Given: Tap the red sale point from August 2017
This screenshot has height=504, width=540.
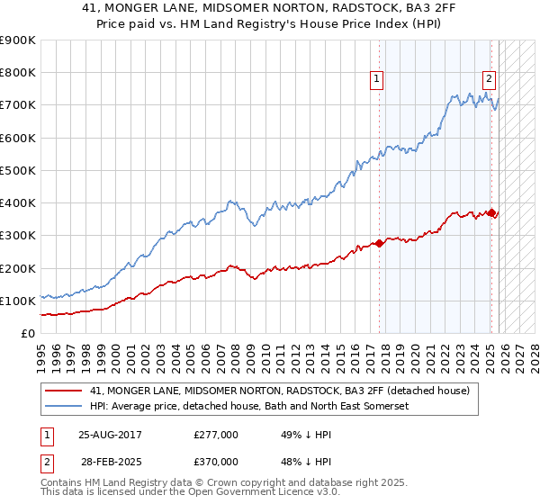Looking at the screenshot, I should pos(379,242).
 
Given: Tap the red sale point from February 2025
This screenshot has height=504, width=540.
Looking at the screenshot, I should pos(491,212).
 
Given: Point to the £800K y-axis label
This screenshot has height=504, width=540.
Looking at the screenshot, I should pos(17,73).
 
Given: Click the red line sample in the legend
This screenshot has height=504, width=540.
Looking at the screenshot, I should pos(64,391).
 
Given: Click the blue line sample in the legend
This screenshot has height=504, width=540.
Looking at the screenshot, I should pos(64,407).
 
